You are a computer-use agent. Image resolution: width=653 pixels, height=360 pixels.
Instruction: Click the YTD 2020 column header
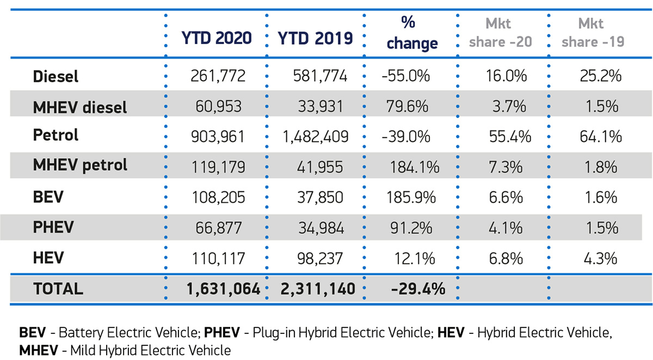click(x=217, y=38)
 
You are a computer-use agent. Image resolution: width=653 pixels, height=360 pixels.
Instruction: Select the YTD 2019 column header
click(x=315, y=38)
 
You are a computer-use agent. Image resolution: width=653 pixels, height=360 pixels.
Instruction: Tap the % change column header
click(x=412, y=34)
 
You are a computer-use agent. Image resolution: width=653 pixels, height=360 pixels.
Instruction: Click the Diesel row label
click(x=56, y=76)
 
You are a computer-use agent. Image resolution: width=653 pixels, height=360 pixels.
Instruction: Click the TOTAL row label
click(x=58, y=289)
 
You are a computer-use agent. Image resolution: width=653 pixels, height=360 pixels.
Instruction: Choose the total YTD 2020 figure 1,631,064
click(x=217, y=289)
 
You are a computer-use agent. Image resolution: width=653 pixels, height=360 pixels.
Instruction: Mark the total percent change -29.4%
click(x=418, y=289)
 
